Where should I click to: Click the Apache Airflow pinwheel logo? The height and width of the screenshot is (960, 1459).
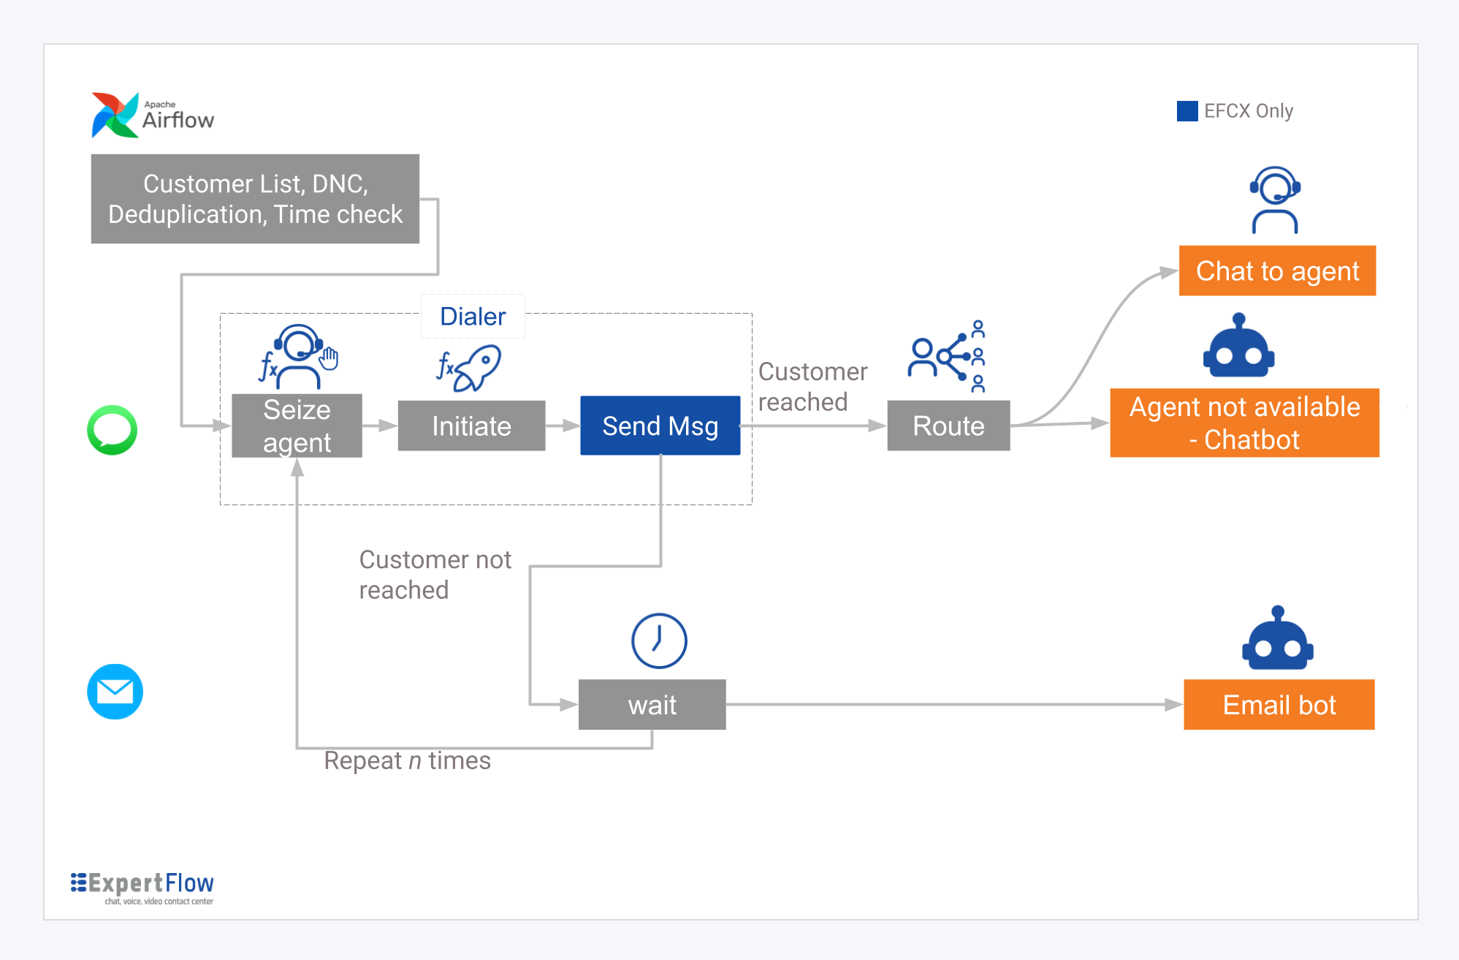(115, 115)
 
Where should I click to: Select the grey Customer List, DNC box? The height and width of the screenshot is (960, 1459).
(255, 199)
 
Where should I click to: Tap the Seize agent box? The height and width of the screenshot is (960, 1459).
(297, 426)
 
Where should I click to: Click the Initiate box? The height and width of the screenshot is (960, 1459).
(471, 426)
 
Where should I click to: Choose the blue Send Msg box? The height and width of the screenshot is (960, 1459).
(660, 426)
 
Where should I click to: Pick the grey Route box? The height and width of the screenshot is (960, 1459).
(948, 426)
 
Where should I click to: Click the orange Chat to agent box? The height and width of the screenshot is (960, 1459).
(1277, 271)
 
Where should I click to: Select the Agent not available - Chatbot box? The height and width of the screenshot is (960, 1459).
(1244, 423)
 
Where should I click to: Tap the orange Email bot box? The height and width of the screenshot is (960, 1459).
(1279, 705)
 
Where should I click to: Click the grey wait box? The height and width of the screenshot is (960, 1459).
(652, 705)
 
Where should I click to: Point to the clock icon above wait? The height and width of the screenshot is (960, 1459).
(659, 640)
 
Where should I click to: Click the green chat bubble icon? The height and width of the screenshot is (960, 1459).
(112, 430)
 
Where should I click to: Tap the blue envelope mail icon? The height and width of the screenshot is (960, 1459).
(115, 692)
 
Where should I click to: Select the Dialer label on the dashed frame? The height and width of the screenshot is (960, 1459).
(473, 317)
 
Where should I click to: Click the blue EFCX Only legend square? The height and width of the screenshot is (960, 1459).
(1187, 111)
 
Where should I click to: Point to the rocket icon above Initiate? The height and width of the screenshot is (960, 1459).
(471, 368)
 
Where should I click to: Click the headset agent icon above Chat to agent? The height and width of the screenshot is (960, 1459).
(1275, 200)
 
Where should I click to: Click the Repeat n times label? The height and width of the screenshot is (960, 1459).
(407, 761)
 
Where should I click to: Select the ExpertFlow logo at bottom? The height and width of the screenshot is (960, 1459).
(142, 887)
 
